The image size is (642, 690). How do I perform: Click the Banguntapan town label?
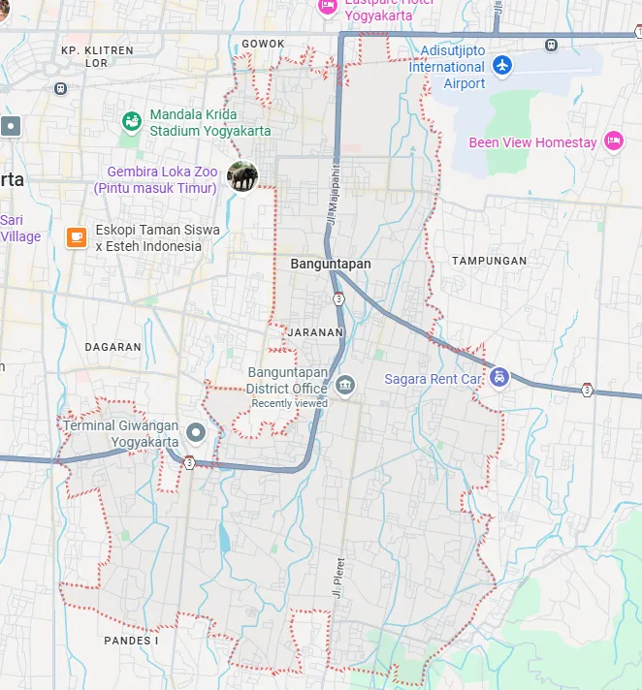[x=330, y=264]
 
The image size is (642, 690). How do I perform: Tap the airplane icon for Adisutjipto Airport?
[x=501, y=65]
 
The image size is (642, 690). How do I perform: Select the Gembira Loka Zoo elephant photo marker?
[x=242, y=176]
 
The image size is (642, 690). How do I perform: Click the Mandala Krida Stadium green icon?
[x=131, y=122]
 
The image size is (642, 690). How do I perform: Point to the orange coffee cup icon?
[x=76, y=237]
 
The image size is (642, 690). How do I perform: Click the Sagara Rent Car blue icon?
[x=498, y=377]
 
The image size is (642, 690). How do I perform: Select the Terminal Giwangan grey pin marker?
[x=197, y=432]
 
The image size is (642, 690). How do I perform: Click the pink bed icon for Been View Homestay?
[x=613, y=141]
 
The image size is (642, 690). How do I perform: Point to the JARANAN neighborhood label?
[x=315, y=332]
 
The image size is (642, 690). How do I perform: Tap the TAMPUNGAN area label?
[x=489, y=261]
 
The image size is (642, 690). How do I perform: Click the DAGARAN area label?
[x=112, y=347]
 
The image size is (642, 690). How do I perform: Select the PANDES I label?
[x=130, y=641]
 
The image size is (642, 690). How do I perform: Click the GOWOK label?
[x=263, y=44]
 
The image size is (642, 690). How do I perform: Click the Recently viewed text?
[x=289, y=403]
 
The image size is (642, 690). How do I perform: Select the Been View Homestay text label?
[x=532, y=142]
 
